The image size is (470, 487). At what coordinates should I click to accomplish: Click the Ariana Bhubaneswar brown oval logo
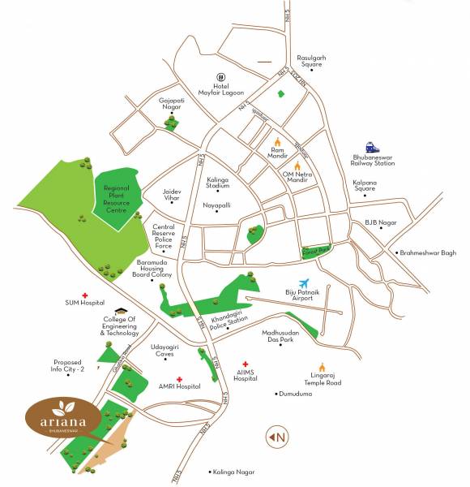pos(63,418)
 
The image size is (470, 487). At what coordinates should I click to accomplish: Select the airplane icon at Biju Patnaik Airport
pos(305,284)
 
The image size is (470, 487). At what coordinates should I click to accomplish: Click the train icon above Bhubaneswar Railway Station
pos(371,147)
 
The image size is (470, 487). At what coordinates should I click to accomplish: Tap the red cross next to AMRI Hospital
pos(179,378)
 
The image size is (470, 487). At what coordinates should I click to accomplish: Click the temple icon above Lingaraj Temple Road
pos(322,367)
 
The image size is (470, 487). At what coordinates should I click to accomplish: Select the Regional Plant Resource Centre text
pos(117,199)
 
